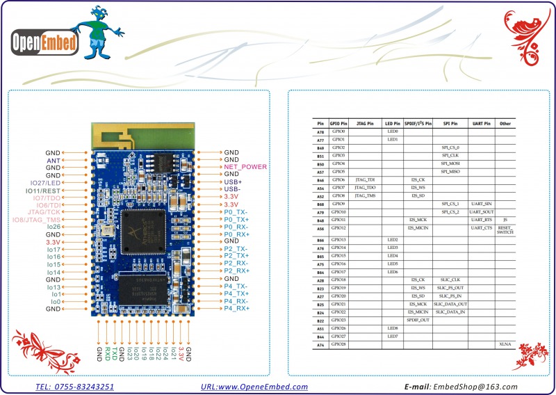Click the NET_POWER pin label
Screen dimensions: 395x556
point(245,167)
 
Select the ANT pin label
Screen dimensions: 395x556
point(54,159)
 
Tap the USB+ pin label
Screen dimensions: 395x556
point(234,182)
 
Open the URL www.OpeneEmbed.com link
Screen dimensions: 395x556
point(254,387)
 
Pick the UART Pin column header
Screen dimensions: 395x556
point(481,123)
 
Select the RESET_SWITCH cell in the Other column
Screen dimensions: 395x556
point(505,230)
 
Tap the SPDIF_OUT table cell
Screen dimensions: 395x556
point(418,321)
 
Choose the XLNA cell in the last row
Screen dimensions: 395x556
point(505,345)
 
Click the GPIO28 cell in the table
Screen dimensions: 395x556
point(338,345)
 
